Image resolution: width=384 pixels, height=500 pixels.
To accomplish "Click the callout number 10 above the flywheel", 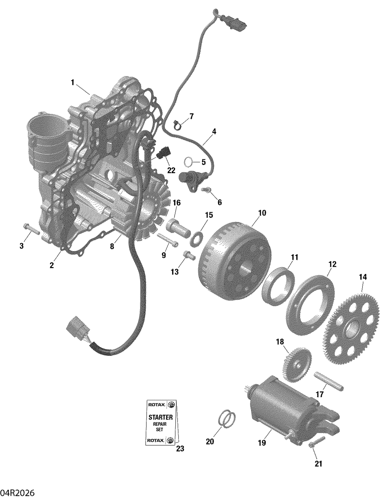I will coord(262,213).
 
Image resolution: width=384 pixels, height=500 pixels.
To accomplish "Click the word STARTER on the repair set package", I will coord(161,417).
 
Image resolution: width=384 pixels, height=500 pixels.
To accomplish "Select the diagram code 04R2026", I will coord(17,493).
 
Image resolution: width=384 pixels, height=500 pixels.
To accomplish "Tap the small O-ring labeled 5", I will coord(188,162).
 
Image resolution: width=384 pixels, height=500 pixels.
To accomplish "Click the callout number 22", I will coord(171,170).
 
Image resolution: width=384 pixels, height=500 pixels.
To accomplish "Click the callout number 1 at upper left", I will coord(72,82).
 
